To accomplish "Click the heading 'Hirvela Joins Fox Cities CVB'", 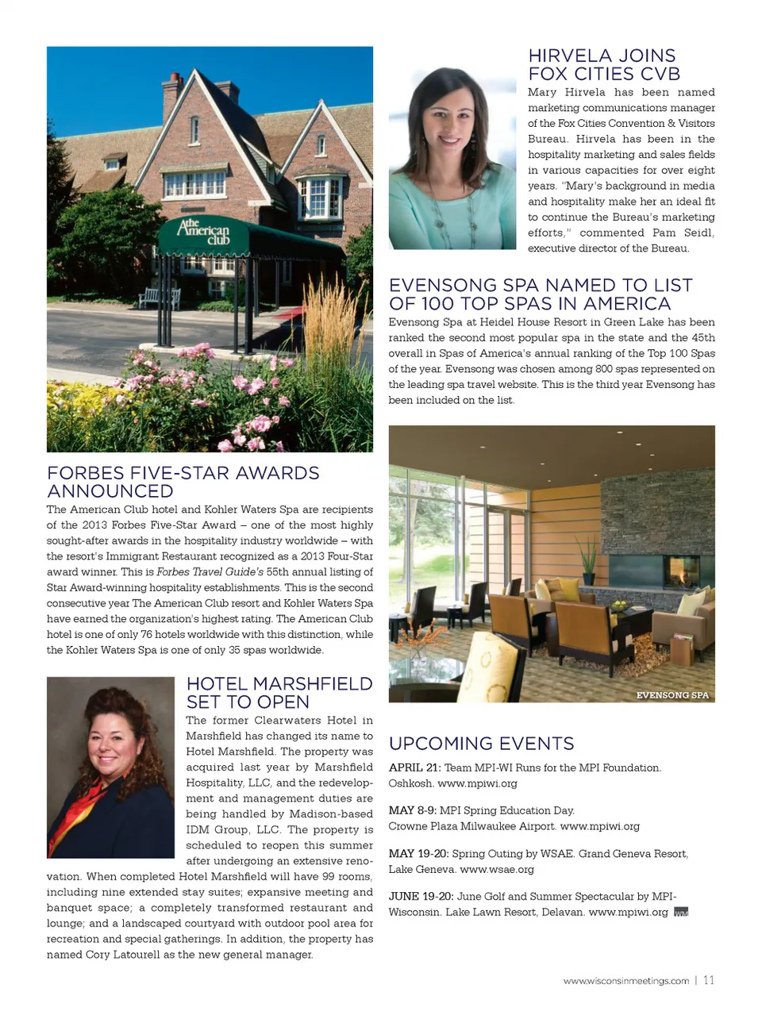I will [x=602, y=65].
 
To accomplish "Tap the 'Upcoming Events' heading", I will [x=481, y=744].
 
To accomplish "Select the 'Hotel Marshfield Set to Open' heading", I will [x=279, y=693].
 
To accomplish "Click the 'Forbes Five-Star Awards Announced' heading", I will [x=183, y=482].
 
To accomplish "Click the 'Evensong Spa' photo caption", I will [x=672, y=695].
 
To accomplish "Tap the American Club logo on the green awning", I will [x=204, y=231].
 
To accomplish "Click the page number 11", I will [x=708, y=980].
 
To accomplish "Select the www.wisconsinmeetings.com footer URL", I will [x=625, y=981].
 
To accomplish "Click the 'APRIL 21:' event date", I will [x=414, y=767].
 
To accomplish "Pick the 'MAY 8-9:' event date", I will [x=412, y=810].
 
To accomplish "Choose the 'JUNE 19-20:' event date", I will [x=421, y=896].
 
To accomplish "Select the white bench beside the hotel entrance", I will [x=159, y=298].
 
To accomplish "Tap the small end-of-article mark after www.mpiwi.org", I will [x=680, y=913].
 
